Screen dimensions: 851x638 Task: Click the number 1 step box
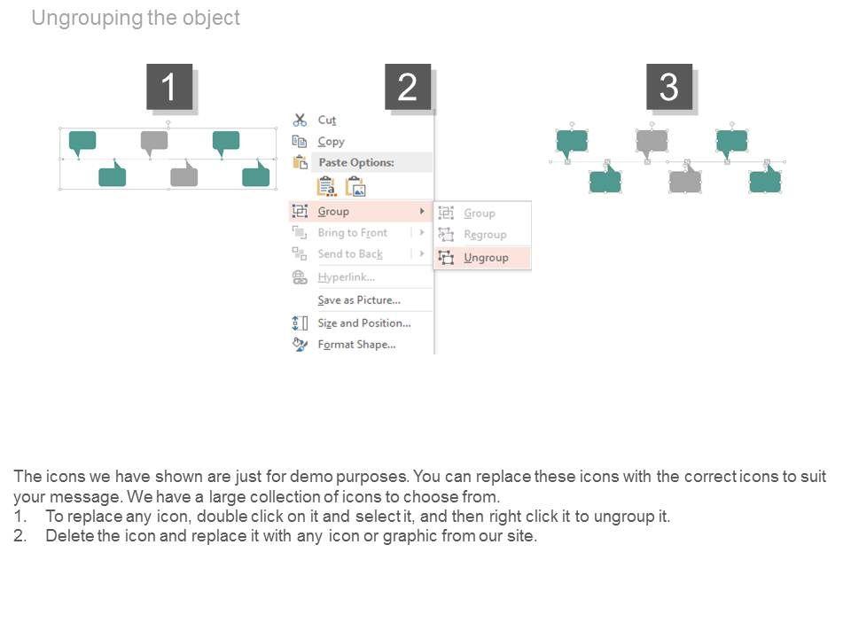(168, 87)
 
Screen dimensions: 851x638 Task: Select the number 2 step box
(408, 87)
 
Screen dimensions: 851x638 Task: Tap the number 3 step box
(668, 87)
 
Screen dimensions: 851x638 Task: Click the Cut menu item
(327, 120)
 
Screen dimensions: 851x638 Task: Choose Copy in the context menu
(331, 142)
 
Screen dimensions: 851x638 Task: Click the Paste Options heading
(356, 162)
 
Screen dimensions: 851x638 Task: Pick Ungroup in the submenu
(486, 258)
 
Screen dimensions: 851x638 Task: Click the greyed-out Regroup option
(485, 234)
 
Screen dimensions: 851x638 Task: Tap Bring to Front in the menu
(352, 233)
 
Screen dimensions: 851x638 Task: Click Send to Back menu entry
(350, 254)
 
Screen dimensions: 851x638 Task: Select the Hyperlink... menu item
(347, 277)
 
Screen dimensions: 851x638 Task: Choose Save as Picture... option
(359, 300)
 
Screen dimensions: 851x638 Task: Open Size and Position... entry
(364, 323)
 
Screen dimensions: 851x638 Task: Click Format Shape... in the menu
(356, 345)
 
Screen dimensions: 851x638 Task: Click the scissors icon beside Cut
(300, 120)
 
